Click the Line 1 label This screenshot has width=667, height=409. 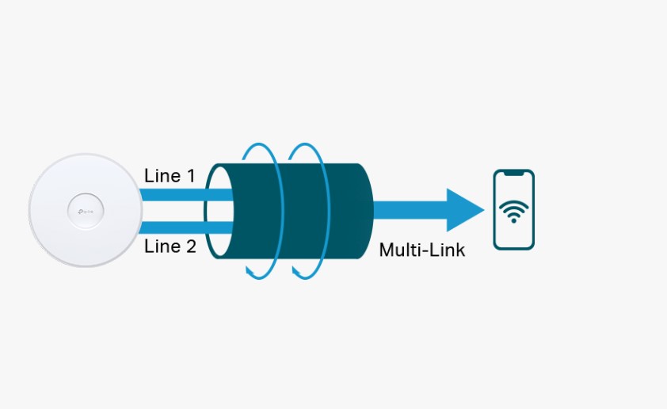pyautogui.click(x=170, y=175)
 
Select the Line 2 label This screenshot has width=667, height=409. pyautogui.click(x=170, y=247)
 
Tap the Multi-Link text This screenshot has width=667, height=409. pyautogui.click(x=421, y=250)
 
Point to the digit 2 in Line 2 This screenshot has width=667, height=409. pyautogui.click(x=190, y=247)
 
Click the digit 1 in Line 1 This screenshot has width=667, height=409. pyautogui.click(x=190, y=175)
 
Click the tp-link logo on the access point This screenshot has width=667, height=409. pyautogui.click(x=85, y=210)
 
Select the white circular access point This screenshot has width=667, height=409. pyautogui.click(x=85, y=210)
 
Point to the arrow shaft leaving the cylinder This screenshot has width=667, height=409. pyautogui.click(x=408, y=210)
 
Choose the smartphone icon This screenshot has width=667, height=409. pyautogui.click(x=513, y=210)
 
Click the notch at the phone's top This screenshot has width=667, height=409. pyautogui.click(x=513, y=174)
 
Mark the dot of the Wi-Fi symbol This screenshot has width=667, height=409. pyautogui.click(x=513, y=220)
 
